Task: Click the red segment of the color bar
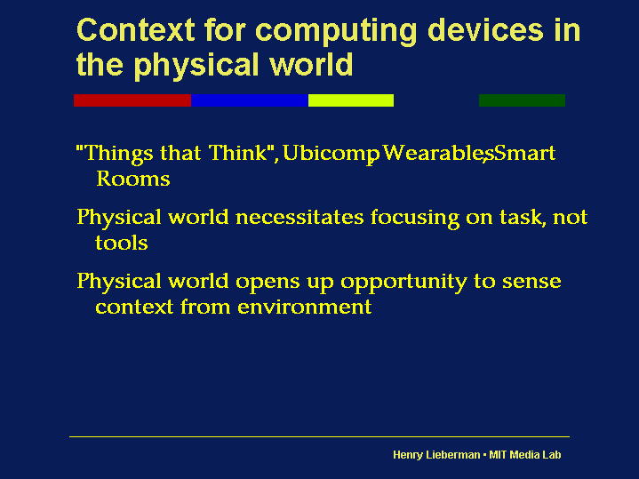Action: [132, 100]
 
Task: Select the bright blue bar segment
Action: [250, 100]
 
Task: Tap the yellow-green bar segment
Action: [351, 100]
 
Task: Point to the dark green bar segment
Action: [522, 100]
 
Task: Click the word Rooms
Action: [132, 179]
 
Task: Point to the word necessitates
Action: [300, 217]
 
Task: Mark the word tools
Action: [122, 243]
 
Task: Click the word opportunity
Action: [403, 283]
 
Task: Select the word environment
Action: [305, 307]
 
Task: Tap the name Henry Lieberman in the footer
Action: [436, 455]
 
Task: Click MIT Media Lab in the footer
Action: [525, 454]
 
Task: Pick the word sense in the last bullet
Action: [531, 282]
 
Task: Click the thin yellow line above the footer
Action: [320, 436]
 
